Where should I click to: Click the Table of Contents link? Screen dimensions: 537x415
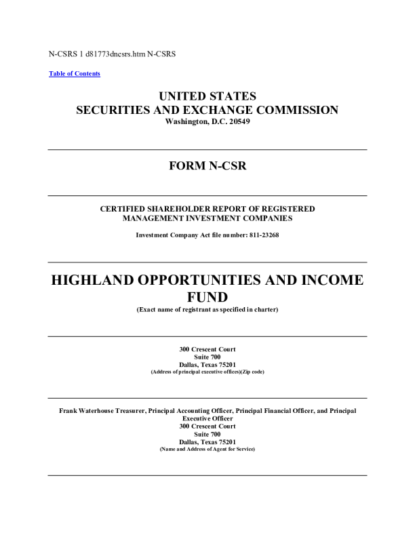tap(75, 73)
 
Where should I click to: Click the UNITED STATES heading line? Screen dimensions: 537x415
tap(207, 96)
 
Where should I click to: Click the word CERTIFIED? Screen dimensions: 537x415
tap(126, 209)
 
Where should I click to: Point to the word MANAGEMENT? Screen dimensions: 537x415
tap(155, 218)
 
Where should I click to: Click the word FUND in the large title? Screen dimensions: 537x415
tap(207, 297)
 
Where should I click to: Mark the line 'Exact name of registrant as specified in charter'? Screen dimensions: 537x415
tap(207, 310)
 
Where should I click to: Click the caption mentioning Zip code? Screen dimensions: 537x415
tap(207, 373)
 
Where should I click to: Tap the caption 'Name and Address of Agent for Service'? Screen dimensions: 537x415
tap(207, 450)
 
